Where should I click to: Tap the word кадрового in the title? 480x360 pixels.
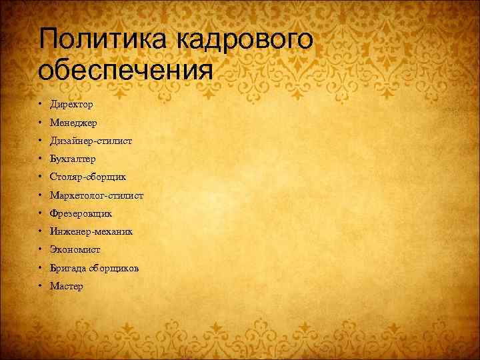tap(244, 40)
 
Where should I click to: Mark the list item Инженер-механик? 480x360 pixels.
tap(91, 232)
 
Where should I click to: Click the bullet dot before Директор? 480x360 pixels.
tap(41, 105)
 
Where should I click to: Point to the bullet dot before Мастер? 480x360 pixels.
tap(41, 286)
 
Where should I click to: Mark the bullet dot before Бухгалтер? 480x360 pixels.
tap(41, 159)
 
